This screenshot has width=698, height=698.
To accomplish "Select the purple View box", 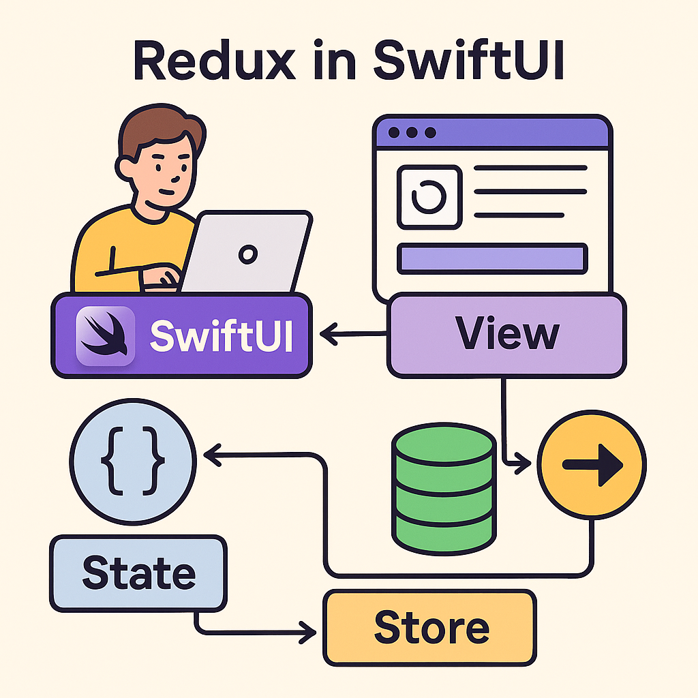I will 506,335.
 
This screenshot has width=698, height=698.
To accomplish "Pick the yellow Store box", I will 429,627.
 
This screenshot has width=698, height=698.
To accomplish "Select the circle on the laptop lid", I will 247,254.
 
